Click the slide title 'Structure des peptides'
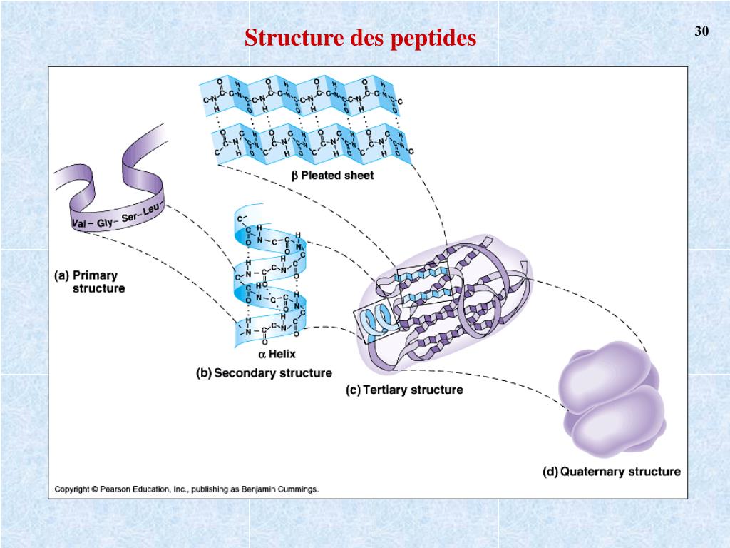tap(360, 38)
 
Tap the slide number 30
tap(701, 31)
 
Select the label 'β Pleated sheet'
tap(332, 176)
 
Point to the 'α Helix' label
tap(277, 354)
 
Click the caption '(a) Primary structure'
tap(90, 282)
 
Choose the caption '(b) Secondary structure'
tap(264, 372)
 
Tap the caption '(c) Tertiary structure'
tap(404, 390)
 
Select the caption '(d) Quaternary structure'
tap(611, 471)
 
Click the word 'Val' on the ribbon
tap(81, 225)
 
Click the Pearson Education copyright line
tap(187, 489)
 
